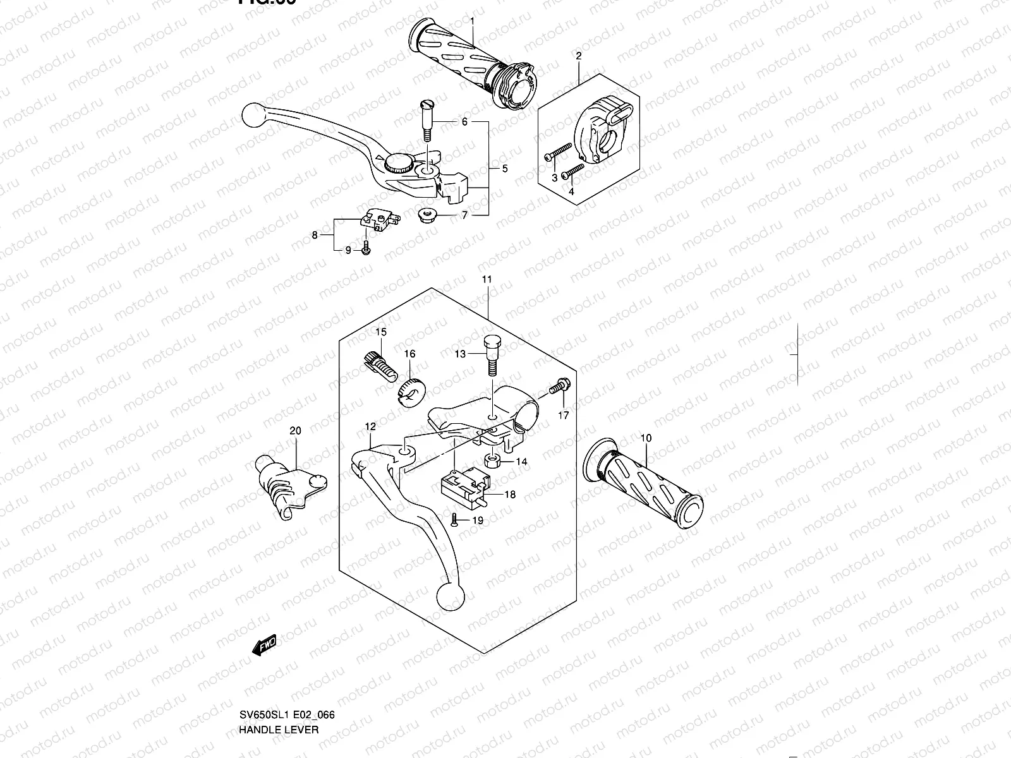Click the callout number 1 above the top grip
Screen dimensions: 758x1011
pos(472,21)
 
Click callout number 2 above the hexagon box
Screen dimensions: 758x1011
pos(578,56)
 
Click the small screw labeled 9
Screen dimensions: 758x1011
pos(366,250)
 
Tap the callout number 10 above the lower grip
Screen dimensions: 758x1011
pos(645,438)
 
